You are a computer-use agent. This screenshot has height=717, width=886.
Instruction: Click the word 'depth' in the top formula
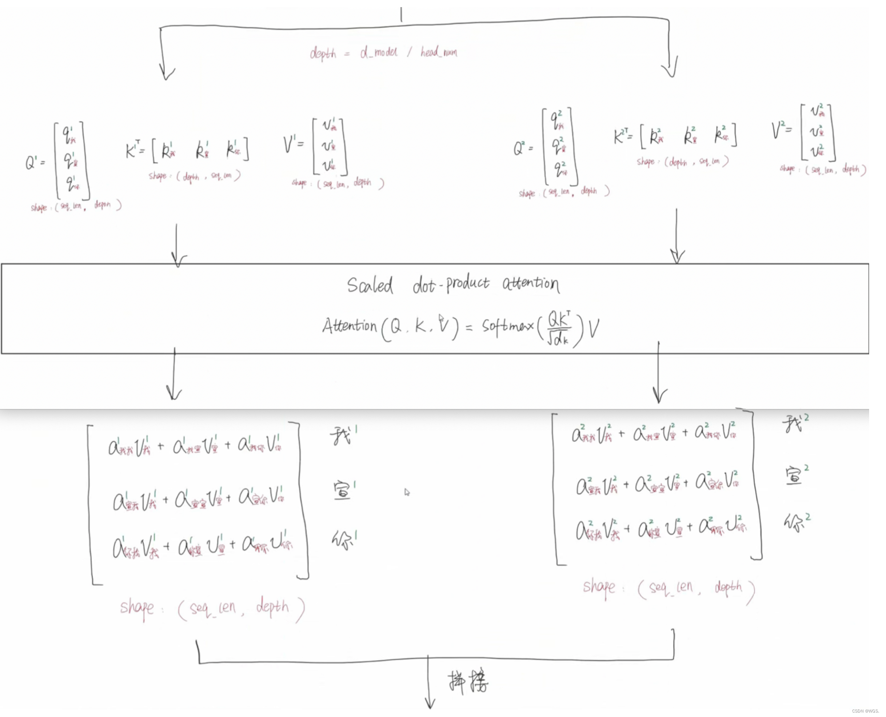coord(323,53)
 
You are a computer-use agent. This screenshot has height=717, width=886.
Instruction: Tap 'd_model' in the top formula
coord(379,52)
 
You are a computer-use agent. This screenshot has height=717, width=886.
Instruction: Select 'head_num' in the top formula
coord(439,52)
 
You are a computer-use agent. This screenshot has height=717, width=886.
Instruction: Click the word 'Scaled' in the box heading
coord(370,285)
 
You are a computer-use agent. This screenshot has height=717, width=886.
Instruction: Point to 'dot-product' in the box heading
coord(451,284)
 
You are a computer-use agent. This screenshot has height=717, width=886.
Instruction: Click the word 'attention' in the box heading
coord(531,283)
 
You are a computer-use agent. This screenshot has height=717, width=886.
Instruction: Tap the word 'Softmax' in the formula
coord(507,327)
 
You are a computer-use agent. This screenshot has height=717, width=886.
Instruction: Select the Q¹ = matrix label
coord(35,163)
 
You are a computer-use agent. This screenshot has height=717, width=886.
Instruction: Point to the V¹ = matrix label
coord(294,144)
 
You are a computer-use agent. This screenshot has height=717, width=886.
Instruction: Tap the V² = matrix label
coord(781,130)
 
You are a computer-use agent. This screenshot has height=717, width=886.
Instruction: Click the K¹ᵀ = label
coord(135,149)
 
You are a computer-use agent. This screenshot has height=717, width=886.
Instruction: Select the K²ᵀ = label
coord(623,135)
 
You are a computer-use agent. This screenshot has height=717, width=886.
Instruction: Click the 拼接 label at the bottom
coord(467,682)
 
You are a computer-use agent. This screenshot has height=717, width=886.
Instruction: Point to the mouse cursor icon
coord(407,492)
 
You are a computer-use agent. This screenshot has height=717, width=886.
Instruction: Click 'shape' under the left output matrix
coord(137,607)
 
